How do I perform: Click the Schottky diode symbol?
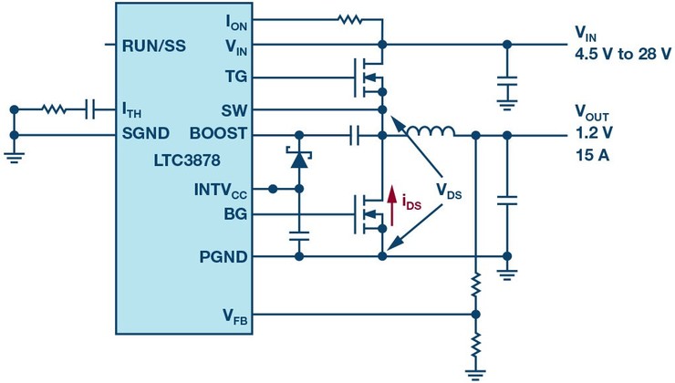click(x=298, y=156)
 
